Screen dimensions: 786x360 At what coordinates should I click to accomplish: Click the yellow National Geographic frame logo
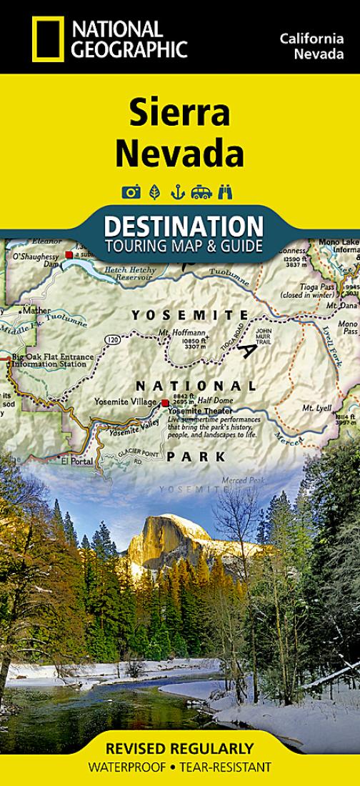(x=48, y=39)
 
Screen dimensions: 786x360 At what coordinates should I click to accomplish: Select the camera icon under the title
(x=131, y=191)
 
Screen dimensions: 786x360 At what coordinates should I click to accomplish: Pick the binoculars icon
(x=226, y=191)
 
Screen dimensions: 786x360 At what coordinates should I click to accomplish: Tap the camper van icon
(x=201, y=191)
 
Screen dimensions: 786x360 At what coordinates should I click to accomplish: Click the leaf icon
(x=154, y=191)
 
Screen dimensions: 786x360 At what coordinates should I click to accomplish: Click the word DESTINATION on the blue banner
(x=184, y=227)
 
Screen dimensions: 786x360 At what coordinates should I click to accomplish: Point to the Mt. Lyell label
(x=314, y=408)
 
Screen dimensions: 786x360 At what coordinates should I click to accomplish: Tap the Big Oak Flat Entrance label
(x=53, y=357)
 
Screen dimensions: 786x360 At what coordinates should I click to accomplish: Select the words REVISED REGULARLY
(x=179, y=749)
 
